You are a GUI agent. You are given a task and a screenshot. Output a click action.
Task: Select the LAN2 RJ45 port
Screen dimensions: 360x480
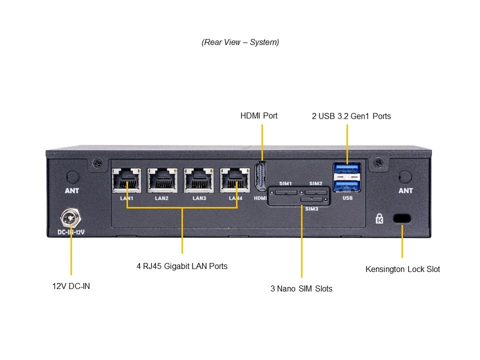[162, 180]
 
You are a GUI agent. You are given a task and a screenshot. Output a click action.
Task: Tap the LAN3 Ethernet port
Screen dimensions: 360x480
[197, 180]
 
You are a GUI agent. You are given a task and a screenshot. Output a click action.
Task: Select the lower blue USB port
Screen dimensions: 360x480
[347, 185]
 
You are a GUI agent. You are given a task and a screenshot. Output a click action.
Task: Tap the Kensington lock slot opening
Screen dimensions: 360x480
[402, 218]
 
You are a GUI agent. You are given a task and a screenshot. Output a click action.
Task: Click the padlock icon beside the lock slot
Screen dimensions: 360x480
[380, 218]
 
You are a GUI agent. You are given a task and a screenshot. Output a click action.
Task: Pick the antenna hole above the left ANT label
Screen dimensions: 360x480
[72, 176]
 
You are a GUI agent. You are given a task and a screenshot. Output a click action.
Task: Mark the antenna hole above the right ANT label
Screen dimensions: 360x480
[405, 176]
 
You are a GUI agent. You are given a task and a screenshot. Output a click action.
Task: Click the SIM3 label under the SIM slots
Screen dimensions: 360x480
[311, 208]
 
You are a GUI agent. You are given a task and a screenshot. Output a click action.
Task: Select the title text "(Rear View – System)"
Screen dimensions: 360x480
[240, 42]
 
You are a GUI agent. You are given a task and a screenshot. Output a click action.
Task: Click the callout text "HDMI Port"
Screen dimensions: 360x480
[259, 115]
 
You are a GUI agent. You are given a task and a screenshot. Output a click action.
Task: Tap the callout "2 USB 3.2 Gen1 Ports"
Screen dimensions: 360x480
[351, 116]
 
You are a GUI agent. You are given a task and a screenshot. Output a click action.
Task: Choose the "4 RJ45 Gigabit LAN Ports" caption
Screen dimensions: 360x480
[182, 266]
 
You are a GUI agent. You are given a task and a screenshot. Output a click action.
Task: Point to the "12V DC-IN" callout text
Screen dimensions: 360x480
[71, 286]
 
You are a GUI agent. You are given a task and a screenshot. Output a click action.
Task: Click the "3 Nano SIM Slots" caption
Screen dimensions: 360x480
[301, 288]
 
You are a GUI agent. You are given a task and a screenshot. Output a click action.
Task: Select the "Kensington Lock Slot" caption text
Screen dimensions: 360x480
[402, 269]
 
